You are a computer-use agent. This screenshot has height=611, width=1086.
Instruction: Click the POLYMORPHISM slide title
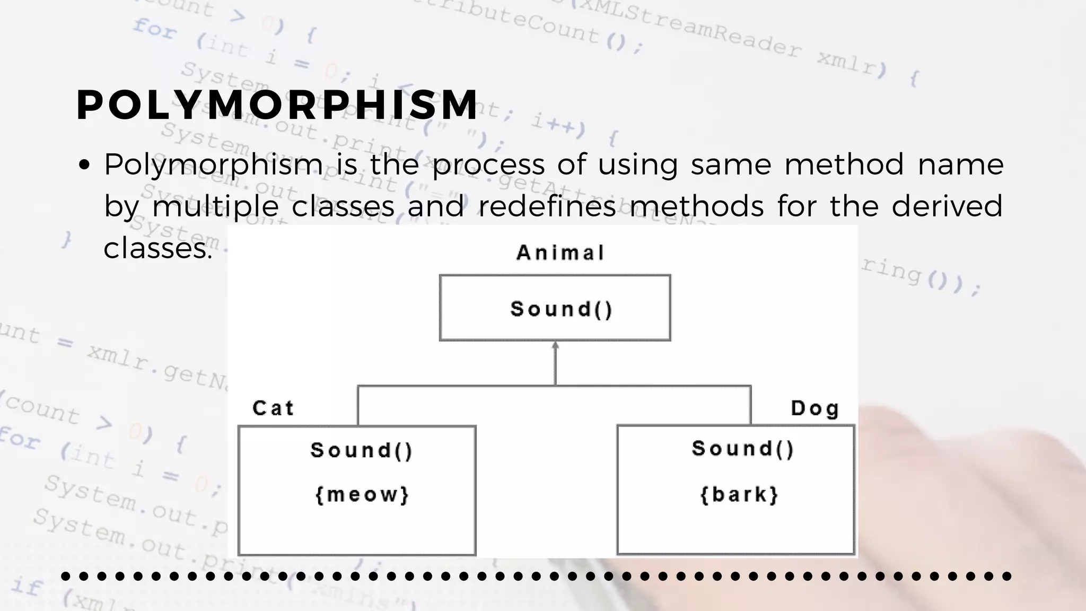click(x=277, y=104)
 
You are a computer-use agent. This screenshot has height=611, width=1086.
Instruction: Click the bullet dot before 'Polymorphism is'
click(x=84, y=165)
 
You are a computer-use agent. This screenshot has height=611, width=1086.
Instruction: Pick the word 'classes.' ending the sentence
click(x=157, y=248)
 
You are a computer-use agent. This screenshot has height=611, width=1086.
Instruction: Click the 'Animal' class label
click(x=560, y=253)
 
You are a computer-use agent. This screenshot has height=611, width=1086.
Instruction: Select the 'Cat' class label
click(x=273, y=408)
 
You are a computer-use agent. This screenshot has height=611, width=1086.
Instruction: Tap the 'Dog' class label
click(x=815, y=408)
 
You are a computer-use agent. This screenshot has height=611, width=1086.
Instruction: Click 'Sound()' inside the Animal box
click(x=562, y=309)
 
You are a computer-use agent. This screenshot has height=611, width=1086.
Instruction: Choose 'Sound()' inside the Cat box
click(x=362, y=450)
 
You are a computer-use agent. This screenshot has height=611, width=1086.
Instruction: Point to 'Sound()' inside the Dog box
click(x=743, y=449)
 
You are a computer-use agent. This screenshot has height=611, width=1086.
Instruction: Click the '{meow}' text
click(x=362, y=495)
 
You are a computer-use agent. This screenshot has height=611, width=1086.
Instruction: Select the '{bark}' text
click(x=739, y=495)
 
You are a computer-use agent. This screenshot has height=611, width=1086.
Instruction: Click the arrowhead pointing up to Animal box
click(x=555, y=346)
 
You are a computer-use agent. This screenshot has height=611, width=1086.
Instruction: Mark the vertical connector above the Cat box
click(x=358, y=406)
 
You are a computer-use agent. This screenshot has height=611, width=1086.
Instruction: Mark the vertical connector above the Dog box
click(x=751, y=406)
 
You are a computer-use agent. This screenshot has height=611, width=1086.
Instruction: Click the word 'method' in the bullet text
click(x=844, y=164)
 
